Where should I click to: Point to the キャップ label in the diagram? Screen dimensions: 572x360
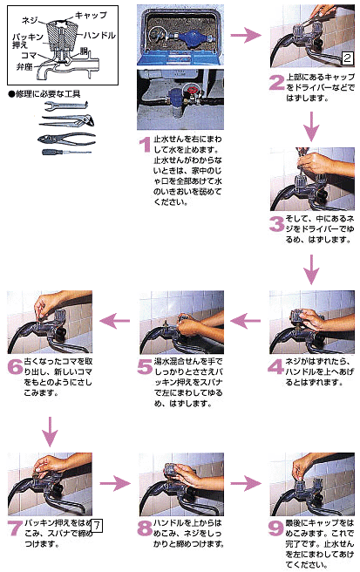coord(92,16)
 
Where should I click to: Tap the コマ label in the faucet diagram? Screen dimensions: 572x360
coord(28,55)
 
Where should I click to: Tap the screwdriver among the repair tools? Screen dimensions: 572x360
coord(66,152)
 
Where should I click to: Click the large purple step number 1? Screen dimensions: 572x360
coord(145,141)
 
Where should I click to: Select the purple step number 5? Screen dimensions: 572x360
coord(145,364)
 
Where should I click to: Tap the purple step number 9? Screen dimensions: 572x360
coord(275,528)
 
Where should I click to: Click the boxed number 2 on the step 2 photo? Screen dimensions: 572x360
coord(346,58)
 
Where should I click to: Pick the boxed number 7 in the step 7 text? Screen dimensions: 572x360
coord(98,525)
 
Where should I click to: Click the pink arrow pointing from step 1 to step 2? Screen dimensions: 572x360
coord(248,36)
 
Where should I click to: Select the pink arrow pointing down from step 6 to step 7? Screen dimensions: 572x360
coord(49,430)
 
